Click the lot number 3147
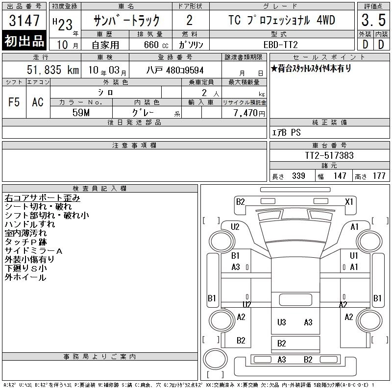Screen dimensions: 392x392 pyautogui.click(x=24, y=20)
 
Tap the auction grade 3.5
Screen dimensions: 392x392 pyautogui.click(x=373, y=20)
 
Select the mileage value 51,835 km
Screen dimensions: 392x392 pyautogui.click(x=53, y=70)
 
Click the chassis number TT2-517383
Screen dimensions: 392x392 pyautogui.click(x=329, y=155)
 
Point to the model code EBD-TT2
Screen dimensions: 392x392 pyautogui.click(x=280, y=45)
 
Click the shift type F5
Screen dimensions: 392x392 pyautogui.click(x=14, y=102)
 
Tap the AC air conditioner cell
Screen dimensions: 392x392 pyautogui.click(x=38, y=102)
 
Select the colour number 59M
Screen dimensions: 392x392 pyautogui.click(x=81, y=113)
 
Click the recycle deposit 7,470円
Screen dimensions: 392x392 pyautogui.click(x=249, y=113)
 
